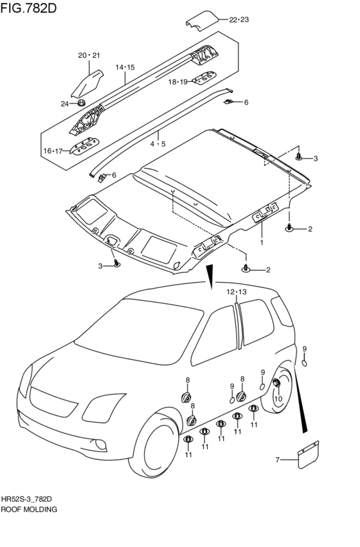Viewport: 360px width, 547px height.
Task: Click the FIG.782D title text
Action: (28, 8)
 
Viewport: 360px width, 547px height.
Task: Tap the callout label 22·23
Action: (239, 20)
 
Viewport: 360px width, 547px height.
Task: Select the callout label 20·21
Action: (89, 55)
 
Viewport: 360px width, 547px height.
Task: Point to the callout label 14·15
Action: (125, 67)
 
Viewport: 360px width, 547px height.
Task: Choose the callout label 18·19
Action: (178, 82)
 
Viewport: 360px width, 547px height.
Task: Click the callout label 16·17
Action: (53, 151)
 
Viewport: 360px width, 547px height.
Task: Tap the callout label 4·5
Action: (158, 144)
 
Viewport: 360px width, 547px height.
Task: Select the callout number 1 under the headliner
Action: (261, 242)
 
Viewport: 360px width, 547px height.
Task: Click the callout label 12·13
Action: (236, 292)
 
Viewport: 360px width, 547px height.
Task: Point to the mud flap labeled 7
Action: (309, 454)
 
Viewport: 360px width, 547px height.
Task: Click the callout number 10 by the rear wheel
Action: (278, 399)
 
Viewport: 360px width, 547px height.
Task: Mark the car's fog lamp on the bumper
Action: (101, 444)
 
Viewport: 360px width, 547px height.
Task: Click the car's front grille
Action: (53, 402)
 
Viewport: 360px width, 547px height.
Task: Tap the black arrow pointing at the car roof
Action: (210, 277)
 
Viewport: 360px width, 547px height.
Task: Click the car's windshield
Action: (139, 330)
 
